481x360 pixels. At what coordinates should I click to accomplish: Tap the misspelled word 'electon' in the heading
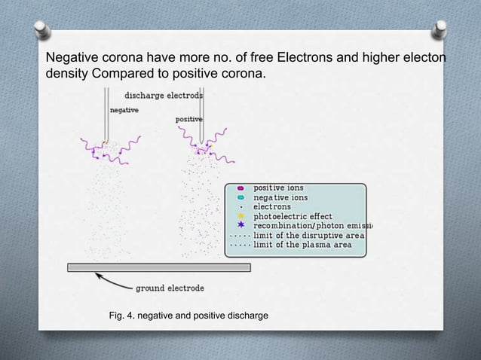coord(422,58)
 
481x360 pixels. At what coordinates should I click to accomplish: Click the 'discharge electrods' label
coord(163,96)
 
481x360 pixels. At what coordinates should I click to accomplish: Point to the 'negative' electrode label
coord(124,110)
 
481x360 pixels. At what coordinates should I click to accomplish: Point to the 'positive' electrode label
coord(188,119)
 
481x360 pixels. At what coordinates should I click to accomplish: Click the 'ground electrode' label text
coord(169,288)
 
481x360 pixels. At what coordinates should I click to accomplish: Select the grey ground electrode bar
coord(158,267)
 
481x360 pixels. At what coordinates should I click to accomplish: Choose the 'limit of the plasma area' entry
coord(302,245)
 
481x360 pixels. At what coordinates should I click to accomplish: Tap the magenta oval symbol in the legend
coord(240,188)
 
